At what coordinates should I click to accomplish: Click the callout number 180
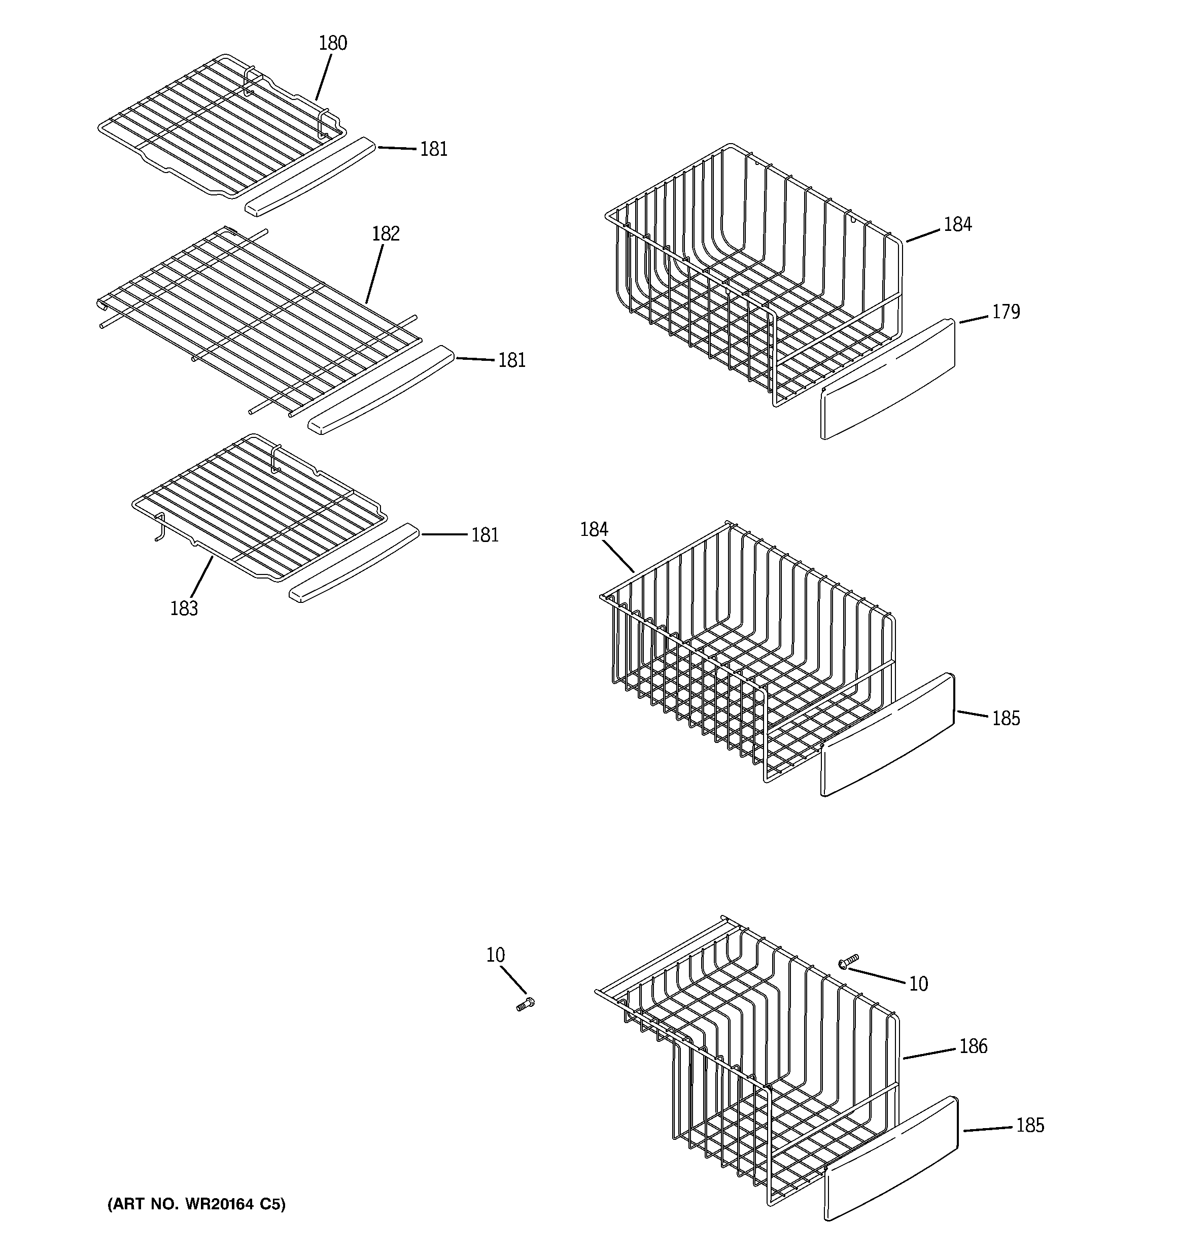click(332, 43)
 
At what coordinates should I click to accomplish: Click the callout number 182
click(386, 234)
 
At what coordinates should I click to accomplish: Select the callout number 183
click(184, 608)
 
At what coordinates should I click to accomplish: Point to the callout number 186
click(973, 1046)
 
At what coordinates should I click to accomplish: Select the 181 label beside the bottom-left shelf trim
click(484, 535)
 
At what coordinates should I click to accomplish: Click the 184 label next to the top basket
click(957, 224)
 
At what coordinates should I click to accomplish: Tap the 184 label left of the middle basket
click(594, 529)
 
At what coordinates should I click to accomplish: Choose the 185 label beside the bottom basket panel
click(1029, 1125)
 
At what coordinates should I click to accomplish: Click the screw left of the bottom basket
click(525, 1005)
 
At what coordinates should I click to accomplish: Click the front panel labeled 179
click(888, 379)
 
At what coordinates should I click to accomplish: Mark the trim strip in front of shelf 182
click(381, 389)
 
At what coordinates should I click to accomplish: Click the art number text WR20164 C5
click(196, 1204)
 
